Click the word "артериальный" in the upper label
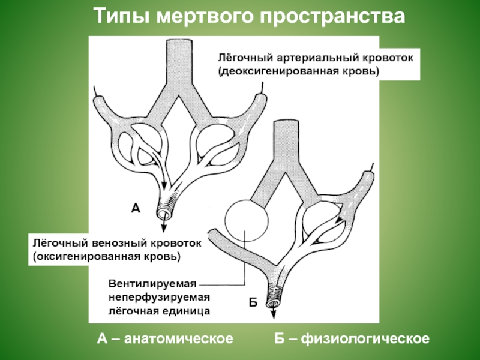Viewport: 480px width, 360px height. click(x=311, y=60)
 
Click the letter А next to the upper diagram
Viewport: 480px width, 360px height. click(x=135, y=209)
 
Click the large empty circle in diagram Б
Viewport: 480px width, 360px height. click(x=246, y=220)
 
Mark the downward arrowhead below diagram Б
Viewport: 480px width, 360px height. click(x=274, y=316)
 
